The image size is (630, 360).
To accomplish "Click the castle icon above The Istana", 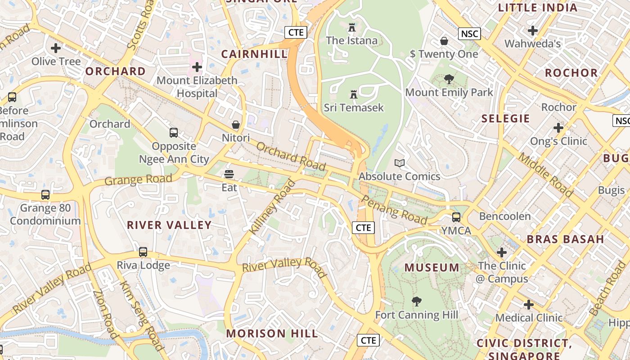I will coord(352,28).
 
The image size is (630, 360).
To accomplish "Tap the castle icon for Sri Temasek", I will coord(354,94).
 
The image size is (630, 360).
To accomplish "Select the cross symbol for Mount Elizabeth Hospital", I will coord(197,67).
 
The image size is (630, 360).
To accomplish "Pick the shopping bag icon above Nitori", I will coord(236,125).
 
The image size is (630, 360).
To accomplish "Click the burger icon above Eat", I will coord(229,174).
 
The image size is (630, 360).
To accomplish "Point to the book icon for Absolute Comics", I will coord(399,163).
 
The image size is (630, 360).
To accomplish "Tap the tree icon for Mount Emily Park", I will coord(449,79).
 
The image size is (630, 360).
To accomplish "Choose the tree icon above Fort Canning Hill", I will coord(417,301).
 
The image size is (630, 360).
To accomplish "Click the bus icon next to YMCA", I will coord(456,217).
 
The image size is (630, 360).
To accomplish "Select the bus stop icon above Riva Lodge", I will coord(143,252).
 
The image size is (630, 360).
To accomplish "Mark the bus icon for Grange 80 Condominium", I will coord(45,195).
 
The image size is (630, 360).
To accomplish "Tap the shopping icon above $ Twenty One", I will coord(444,41).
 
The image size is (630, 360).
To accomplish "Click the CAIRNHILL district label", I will coord(254,54).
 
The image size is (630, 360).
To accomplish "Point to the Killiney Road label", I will coord(273,207).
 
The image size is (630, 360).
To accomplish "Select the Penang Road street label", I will coord(394,211).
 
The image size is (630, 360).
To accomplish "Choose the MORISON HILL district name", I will coord(272,333).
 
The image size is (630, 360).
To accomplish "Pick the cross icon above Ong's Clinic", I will coord(558,128).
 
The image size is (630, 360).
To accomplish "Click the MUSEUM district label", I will coord(432,268).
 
